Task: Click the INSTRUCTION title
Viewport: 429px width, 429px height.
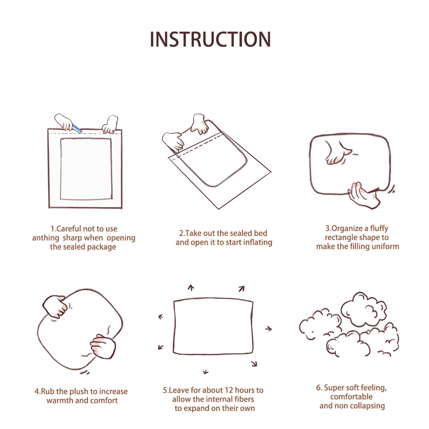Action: pos(210,39)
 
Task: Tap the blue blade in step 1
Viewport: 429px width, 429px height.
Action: pos(77,129)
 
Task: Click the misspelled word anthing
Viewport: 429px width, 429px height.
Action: pos(46,238)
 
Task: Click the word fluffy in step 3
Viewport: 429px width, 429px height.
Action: pos(379,229)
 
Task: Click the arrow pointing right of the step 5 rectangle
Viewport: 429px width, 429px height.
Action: pos(269,329)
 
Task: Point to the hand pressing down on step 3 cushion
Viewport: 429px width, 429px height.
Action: pos(337,153)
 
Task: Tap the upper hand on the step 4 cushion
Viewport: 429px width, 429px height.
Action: pos(55,306)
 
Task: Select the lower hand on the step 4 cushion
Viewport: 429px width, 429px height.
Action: pos(103,346)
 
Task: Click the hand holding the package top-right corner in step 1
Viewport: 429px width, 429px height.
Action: pos(110,124)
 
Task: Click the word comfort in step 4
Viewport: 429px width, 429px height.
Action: pos(104,401)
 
